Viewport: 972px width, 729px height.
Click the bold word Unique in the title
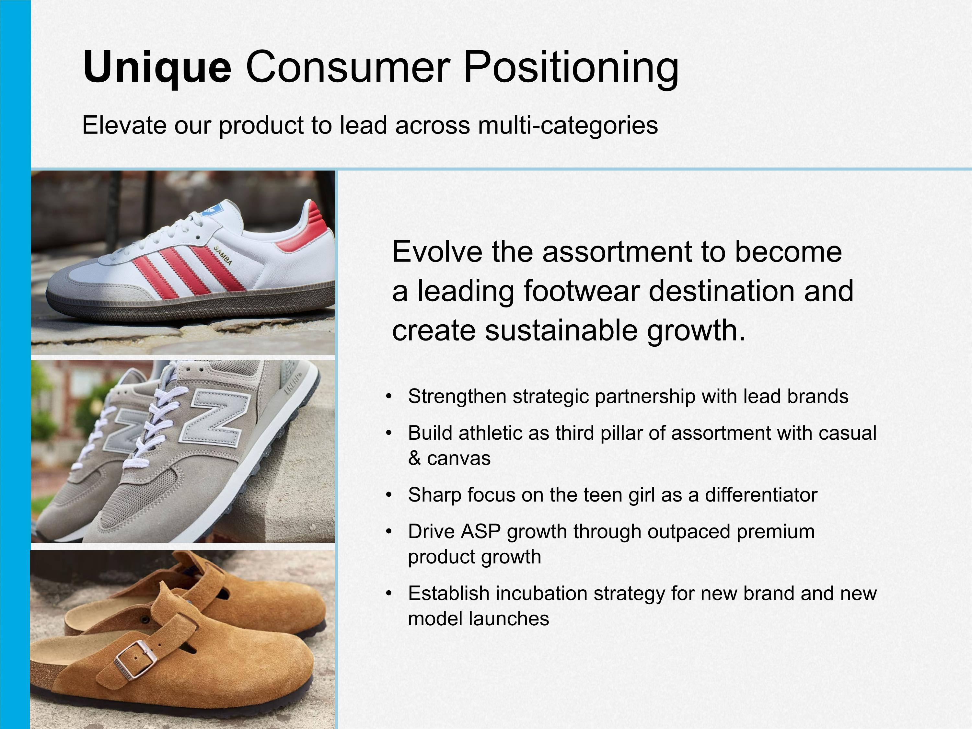pyautogui.click(x=157, y=68)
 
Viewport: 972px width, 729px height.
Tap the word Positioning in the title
pyautogui.click(x=571, y=68)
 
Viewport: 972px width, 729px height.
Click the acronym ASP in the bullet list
pyautogui.click(x=480, y=532)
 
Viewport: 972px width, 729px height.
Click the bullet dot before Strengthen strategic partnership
pyautogui.click(x=388, y=396)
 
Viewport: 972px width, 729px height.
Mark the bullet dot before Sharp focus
pyautogui.click(x=388, y=495)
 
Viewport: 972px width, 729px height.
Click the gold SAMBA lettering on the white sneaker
pyautogui.click(x=223, y=255)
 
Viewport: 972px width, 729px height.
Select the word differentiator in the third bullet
pyautogui.click(x=761, y=495)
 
